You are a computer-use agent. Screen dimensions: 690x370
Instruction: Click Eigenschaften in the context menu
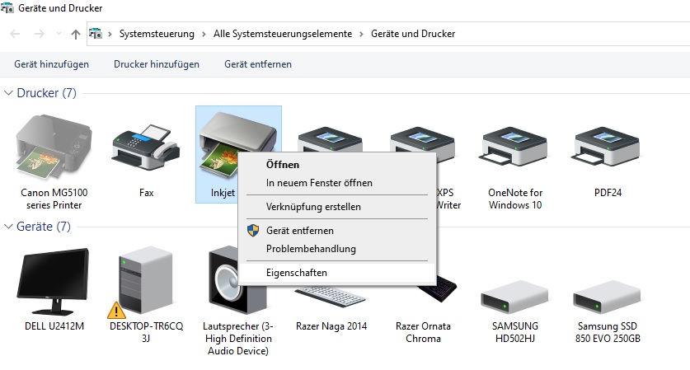[297, 273]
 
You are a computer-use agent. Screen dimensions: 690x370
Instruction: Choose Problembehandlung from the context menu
[311, 249]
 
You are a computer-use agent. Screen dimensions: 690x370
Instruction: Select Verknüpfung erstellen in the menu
[313, 207]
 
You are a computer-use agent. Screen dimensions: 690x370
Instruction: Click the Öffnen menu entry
[283, 165]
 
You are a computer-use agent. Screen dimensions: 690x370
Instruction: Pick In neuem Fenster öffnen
[319, 183]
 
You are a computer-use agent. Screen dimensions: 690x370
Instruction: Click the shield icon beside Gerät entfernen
[253, 230]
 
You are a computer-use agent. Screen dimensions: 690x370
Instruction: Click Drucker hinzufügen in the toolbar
[156, 64]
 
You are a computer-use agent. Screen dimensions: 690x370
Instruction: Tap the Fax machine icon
[146, 148]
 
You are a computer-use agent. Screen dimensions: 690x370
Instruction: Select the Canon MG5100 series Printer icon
[54, 147]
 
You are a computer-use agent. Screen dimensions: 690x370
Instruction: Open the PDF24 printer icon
[608, 148]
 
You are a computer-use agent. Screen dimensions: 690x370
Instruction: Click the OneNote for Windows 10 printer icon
[515, 148]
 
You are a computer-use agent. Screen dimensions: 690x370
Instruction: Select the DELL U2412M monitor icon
[54, 282]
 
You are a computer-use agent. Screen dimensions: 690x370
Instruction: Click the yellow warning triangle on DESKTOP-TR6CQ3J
[116, 311]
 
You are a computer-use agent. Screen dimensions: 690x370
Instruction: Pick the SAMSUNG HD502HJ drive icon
[515, 297]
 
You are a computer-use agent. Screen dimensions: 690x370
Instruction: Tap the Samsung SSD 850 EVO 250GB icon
[607, 297]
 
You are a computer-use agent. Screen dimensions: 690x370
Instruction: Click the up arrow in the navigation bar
[76, 35]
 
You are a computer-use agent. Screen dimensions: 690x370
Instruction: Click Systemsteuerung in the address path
[157, 34]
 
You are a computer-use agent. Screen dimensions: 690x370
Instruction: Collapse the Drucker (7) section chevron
[8, 93]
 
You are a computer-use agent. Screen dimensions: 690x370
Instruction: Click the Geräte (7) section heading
[43, 227]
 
